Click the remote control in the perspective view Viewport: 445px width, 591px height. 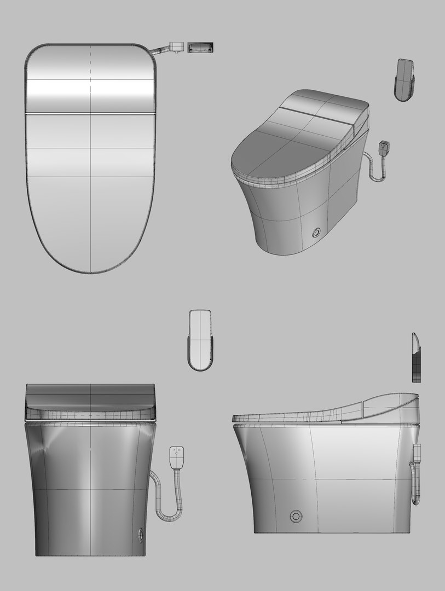[x=404, y=80]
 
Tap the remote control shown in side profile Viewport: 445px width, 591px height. [x=416, y=358]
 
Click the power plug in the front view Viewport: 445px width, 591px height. [x=177, y=457]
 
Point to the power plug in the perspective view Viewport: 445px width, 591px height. [x=384, y=149]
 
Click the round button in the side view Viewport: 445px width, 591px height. [x=296, y=515]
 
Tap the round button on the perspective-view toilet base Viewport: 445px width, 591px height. [x=316, y=233]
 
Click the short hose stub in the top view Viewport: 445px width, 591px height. [x=162, y=50]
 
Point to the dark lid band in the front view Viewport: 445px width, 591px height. [x=90, y=395]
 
